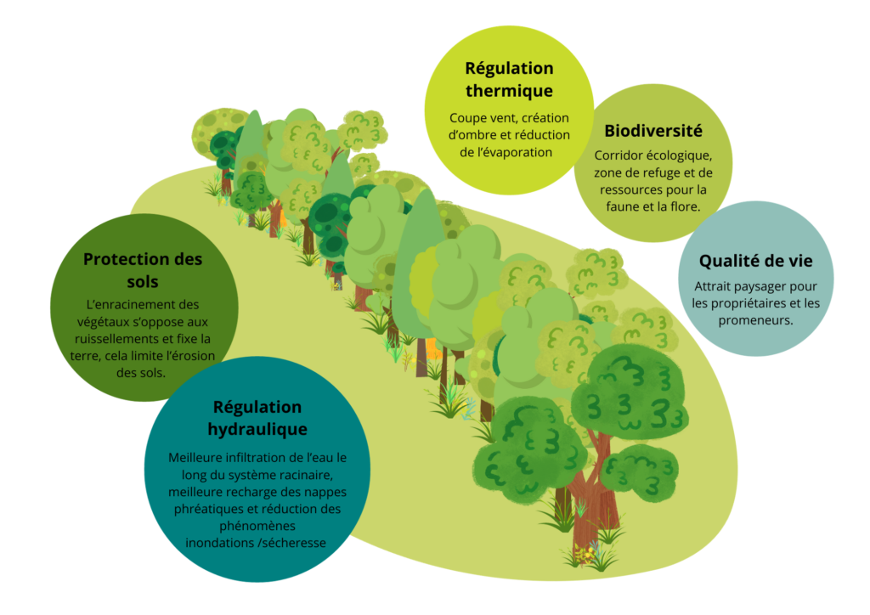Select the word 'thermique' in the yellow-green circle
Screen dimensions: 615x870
(x=509, y=90)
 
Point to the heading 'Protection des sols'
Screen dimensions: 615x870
(x=143, y=269)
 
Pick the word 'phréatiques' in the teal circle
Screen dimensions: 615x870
(x=209, y=509)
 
